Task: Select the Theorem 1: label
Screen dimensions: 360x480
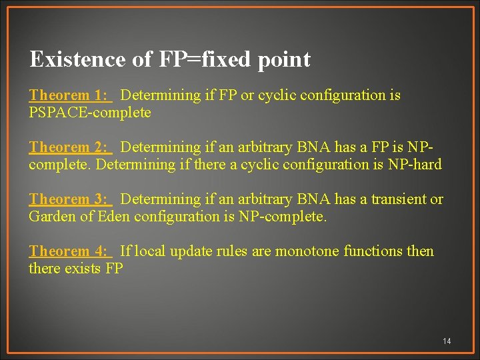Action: [x=68, y=95]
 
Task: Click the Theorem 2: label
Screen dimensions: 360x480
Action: [x=68, y=147]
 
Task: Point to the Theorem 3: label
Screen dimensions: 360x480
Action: [x=68, y=199]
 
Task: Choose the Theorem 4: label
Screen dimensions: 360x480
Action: [x=68, y=251]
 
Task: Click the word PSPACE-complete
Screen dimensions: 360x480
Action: [x=90, y=113]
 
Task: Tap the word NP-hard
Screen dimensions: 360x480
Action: [x=415, y=165]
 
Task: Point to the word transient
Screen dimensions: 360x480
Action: [x=399, y=199]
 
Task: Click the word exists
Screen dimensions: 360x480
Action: [x=81, y=269]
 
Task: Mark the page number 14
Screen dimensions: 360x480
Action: [x=447, y=341]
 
